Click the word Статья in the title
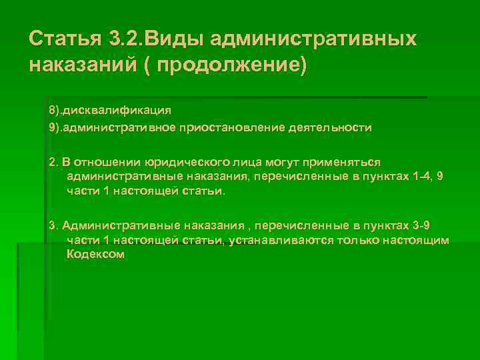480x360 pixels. coord(63,39)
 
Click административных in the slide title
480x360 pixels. coord(313,39)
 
